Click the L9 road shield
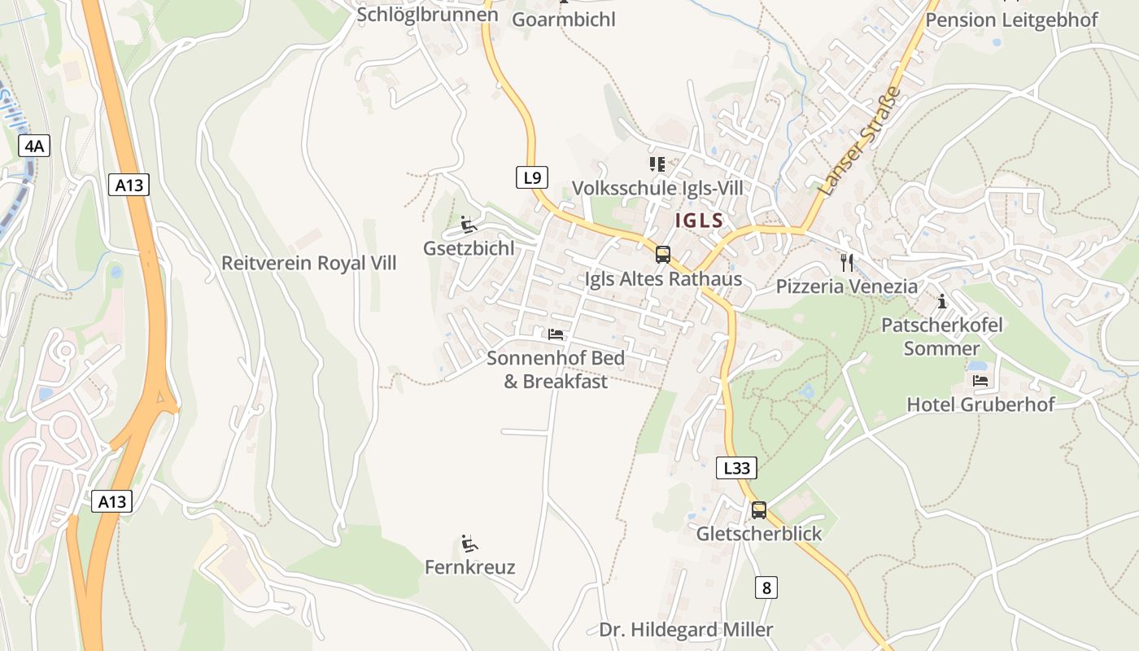point(531,177)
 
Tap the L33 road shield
point(736,468)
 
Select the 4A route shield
point(34,146)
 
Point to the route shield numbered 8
point(765,587)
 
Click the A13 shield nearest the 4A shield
point(129,185)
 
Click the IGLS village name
point(699,221)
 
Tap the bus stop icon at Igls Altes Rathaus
point(663,255)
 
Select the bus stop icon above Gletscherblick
point(758,510)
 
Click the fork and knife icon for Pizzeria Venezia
point(847,262)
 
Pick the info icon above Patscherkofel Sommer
point(942,302)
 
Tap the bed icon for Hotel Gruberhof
point(980,380)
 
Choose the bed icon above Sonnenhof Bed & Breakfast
point(556,334)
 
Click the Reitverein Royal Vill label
point(309,263)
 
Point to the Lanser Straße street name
point(861,141)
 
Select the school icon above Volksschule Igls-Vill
point(657,164)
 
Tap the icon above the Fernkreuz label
point(469,543)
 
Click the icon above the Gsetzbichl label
point(469,225)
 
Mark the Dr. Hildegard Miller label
point(686,629)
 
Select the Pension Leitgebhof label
point(1011,20)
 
